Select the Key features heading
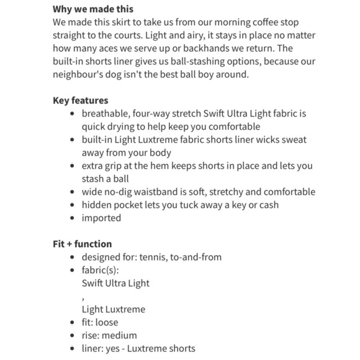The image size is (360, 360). click(80, 101)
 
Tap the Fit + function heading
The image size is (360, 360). click(82, 244)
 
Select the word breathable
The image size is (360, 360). click(106, 114)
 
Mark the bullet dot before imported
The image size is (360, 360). click(74, 218)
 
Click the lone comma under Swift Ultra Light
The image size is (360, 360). click(83, 295)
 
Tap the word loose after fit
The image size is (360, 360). click(107, 322)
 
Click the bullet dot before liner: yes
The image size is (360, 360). click(74, 349)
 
